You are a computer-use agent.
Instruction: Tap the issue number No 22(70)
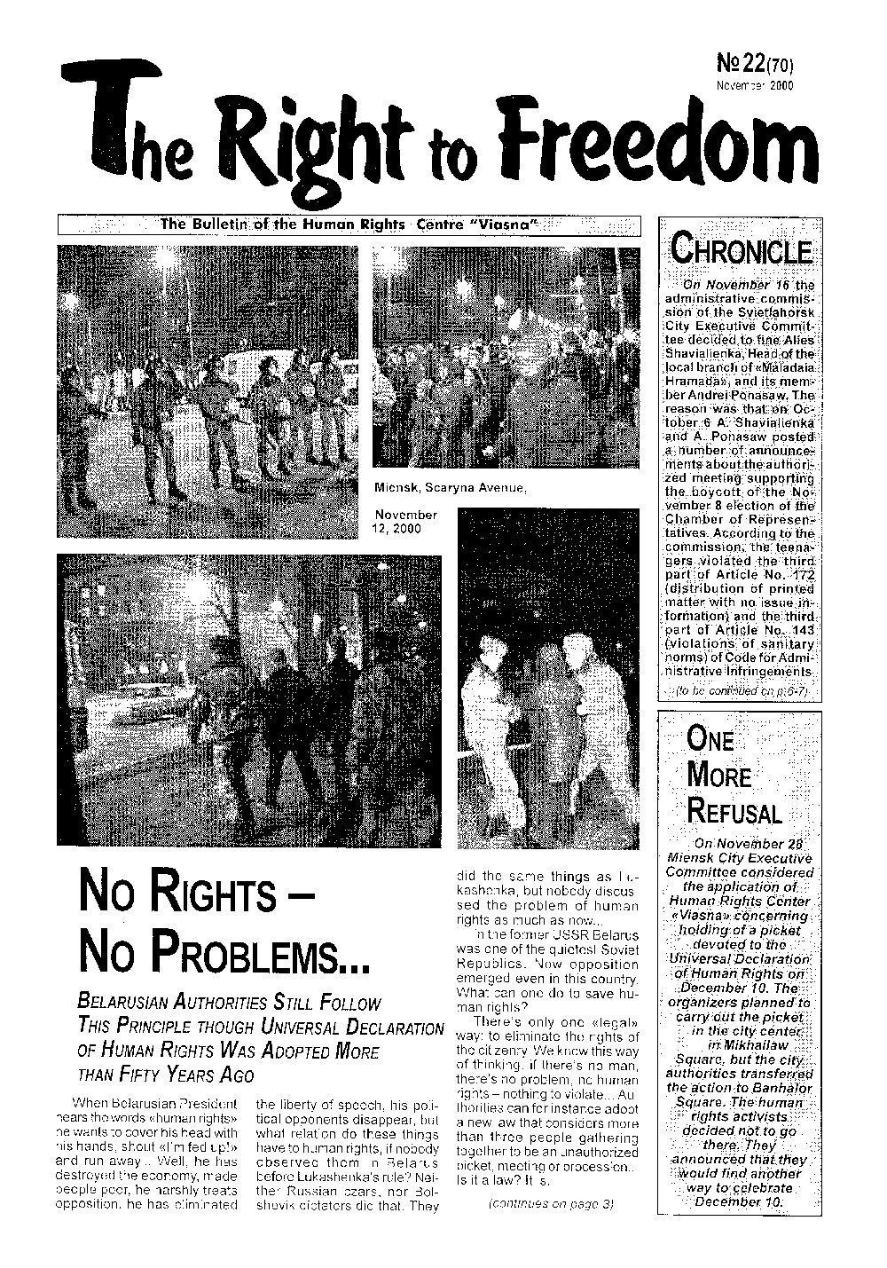click(753, 63)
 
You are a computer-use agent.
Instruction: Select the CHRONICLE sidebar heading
click(742, 249)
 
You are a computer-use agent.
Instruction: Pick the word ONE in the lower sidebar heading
click(710, 739)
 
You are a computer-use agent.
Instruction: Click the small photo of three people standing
click(548, 678)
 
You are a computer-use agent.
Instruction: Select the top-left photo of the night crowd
click(207, 390)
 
